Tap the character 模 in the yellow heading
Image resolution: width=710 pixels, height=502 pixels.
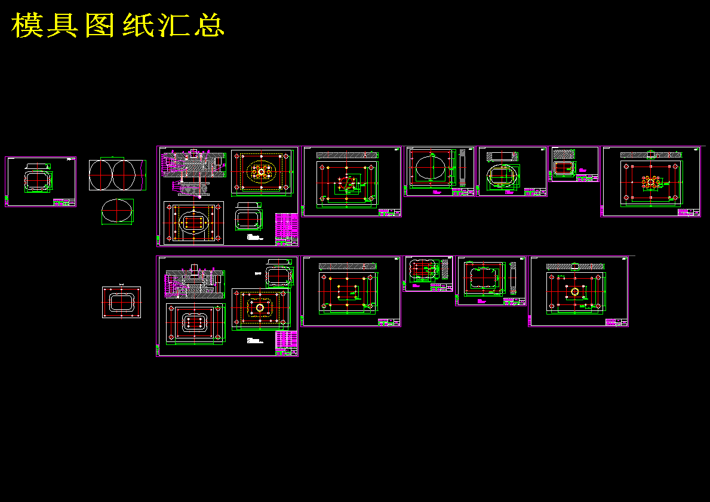point(26,25)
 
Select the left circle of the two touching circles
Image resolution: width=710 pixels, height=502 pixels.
point(101,175)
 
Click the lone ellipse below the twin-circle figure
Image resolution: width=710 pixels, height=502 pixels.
point(117,212)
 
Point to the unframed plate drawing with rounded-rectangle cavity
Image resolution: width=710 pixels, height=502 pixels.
point(121,303)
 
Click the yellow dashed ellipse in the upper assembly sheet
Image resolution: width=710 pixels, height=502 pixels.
point(261,173)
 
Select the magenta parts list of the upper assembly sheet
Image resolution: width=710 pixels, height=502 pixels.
point(287,229)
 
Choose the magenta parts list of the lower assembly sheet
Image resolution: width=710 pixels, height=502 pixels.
point(287,343)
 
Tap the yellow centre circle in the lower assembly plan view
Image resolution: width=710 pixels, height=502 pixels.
point(260,308)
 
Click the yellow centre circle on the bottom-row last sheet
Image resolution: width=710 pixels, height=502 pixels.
point(574,291)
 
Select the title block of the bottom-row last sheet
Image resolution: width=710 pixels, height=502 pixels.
point(616,322)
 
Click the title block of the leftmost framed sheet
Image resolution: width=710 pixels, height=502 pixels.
point(64,202)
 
